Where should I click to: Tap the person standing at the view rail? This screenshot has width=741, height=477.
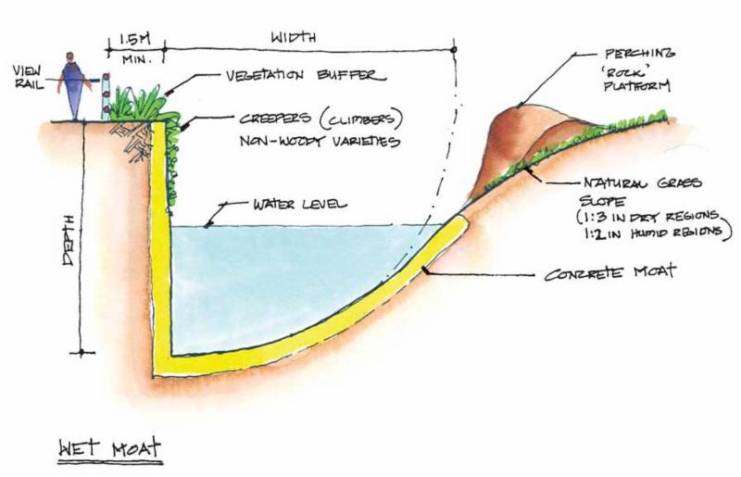point(73,83)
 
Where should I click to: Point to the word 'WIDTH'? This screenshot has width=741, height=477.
point(295,38)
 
